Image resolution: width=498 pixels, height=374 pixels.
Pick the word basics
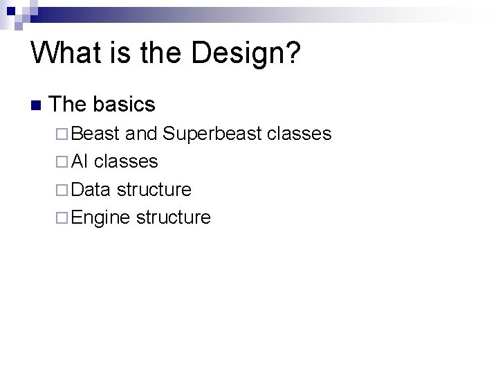(x=124, y=105)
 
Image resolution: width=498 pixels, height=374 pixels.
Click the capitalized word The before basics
(x=68, y=105)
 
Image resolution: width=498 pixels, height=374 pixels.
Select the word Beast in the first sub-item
(x=95, y=134)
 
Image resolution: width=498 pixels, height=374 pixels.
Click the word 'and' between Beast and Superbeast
(x=141, y=134)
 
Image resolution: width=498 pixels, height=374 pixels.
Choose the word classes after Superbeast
(x=299, y=134)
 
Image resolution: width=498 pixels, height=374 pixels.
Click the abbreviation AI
(x=80, y=161)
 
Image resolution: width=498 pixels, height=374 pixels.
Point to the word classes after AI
(x=126, y=161)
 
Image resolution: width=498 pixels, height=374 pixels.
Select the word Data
(x=91, y=189)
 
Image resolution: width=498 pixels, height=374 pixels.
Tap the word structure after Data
(x=154, y=189)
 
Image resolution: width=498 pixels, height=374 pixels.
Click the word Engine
(x=100, y=217)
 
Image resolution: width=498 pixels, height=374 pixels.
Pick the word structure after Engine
(x=174, y=217)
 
